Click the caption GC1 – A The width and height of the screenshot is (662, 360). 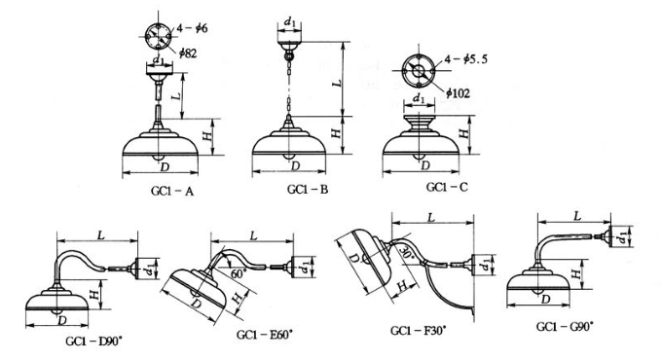pyautogui.click(x=172, y=191)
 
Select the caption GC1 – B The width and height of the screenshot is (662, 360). pyautogui.click(x=308, y=189)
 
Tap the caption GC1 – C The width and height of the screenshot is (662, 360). pyautogui.click(x=447, y=187)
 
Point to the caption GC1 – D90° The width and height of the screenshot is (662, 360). pyautogui.click(x=93, y=341)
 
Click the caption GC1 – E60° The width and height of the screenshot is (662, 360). pyautogui.click(x=264, y=335)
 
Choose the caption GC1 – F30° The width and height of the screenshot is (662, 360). pyautogui.click(x=418, y=331)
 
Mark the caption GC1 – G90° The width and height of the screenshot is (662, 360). pyautogui.click(x=565, y=326)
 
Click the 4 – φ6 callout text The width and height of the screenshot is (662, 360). pyautogui.click(x=192, y=28)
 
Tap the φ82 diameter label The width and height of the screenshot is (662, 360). pyautogui.click(x=188, y=54)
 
